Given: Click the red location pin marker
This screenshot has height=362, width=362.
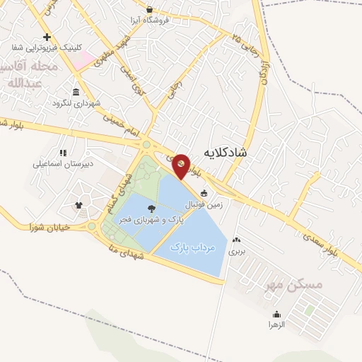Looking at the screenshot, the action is pyautogui.click(x=182, y=165).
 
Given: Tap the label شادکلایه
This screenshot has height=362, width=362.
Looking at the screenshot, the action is pyautogui.click(x=225, y=153).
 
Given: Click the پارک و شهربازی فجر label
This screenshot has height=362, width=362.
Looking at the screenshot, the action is pyautogui.click(x=154, y=220).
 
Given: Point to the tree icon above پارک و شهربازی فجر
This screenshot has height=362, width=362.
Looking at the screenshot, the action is pyautogui.click(x=154, y=208).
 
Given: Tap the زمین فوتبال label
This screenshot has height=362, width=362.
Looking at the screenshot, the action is pyautogui.click(x=204, y=204).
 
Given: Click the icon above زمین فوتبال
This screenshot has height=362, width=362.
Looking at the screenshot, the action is pyautogui.click(x=204, y=193).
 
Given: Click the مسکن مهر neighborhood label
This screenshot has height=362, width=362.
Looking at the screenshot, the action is pyautogui.click(x=293, y=284).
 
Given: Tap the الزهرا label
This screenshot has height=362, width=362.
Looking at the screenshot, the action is pyautogui.click(x=276, y=324).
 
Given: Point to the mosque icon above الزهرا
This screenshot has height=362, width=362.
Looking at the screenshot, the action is pyautogui.click(x=276, y=313).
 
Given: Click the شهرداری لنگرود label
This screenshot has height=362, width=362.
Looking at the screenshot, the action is pyautogui.click(x=76, y=103).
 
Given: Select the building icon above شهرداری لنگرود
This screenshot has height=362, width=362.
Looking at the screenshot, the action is pyautogui.click(x=76, y=92).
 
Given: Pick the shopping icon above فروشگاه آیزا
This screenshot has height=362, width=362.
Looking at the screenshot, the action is pyautogui.click(x=150, y=9).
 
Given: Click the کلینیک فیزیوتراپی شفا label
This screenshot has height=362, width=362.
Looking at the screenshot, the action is pyautogui.click(x=47, y=48).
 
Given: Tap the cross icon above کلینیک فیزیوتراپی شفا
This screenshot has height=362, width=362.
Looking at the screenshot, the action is pyautogui.click(x=47, y=37).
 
